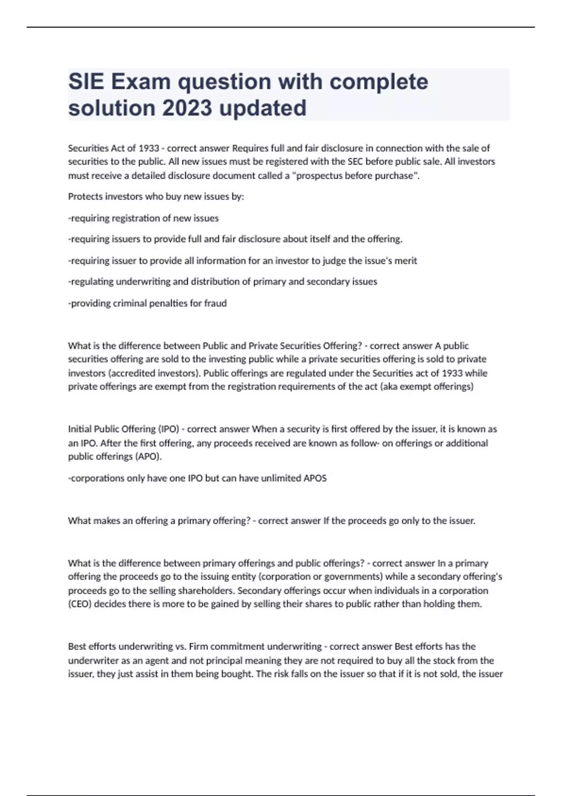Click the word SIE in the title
[x=86, y=82]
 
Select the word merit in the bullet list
[x=406, y=261]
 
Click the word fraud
[x=216, y=303]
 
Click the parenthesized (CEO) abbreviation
[x=81, y=604]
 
